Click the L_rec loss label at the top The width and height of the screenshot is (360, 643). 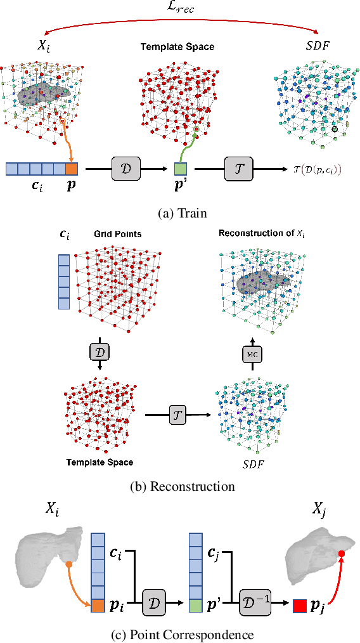pyautogui.click(x=183, y=8)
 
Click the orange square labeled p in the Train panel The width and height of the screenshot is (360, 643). pyautogui.click(x=71, y=169)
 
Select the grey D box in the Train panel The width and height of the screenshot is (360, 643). pyautogui.click(x=127, y=169)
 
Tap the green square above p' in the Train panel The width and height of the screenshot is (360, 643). pyautogui.click(x=180, y=169)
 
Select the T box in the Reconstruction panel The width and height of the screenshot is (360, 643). pyautogui.click(x=178, y=415)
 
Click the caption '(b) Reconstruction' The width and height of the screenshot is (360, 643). pyautogui.click(x=181, y=486)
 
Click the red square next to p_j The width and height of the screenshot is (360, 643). pyautogui.click(x=300, y=607)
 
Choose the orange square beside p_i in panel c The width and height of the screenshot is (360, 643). pyautogui.click(x=98, y=607)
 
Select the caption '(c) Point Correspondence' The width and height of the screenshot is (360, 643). pyautogui.click(x=181, y=634)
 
